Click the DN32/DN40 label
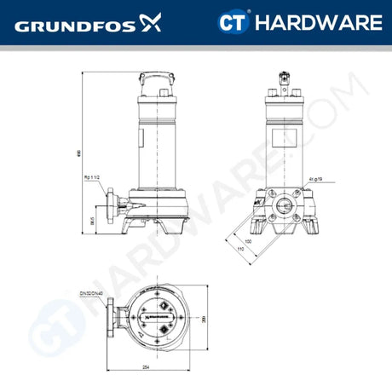[x=91, y=293]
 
